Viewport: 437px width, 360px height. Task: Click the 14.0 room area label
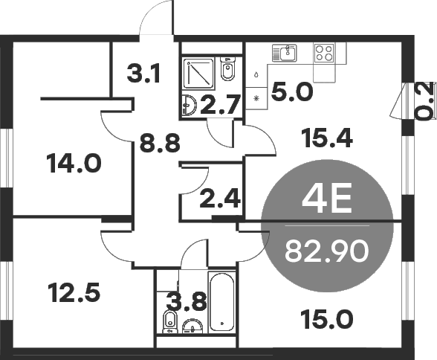tap(74, 162)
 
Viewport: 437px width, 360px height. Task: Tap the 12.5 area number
tap(73, 292)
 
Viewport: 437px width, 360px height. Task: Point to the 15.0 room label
tap(326, 321)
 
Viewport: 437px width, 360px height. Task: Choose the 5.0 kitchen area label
tap(292, 92)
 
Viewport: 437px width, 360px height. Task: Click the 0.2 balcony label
tap(424, 100)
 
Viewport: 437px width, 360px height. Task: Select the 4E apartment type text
tap(328, 199)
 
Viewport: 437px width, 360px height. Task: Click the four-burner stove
tap(325, 52)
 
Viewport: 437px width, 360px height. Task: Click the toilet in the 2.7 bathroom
tap(228, 70)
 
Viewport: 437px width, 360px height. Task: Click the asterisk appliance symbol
tap(256, 98)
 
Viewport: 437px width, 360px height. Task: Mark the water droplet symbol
tap(256, 74)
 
